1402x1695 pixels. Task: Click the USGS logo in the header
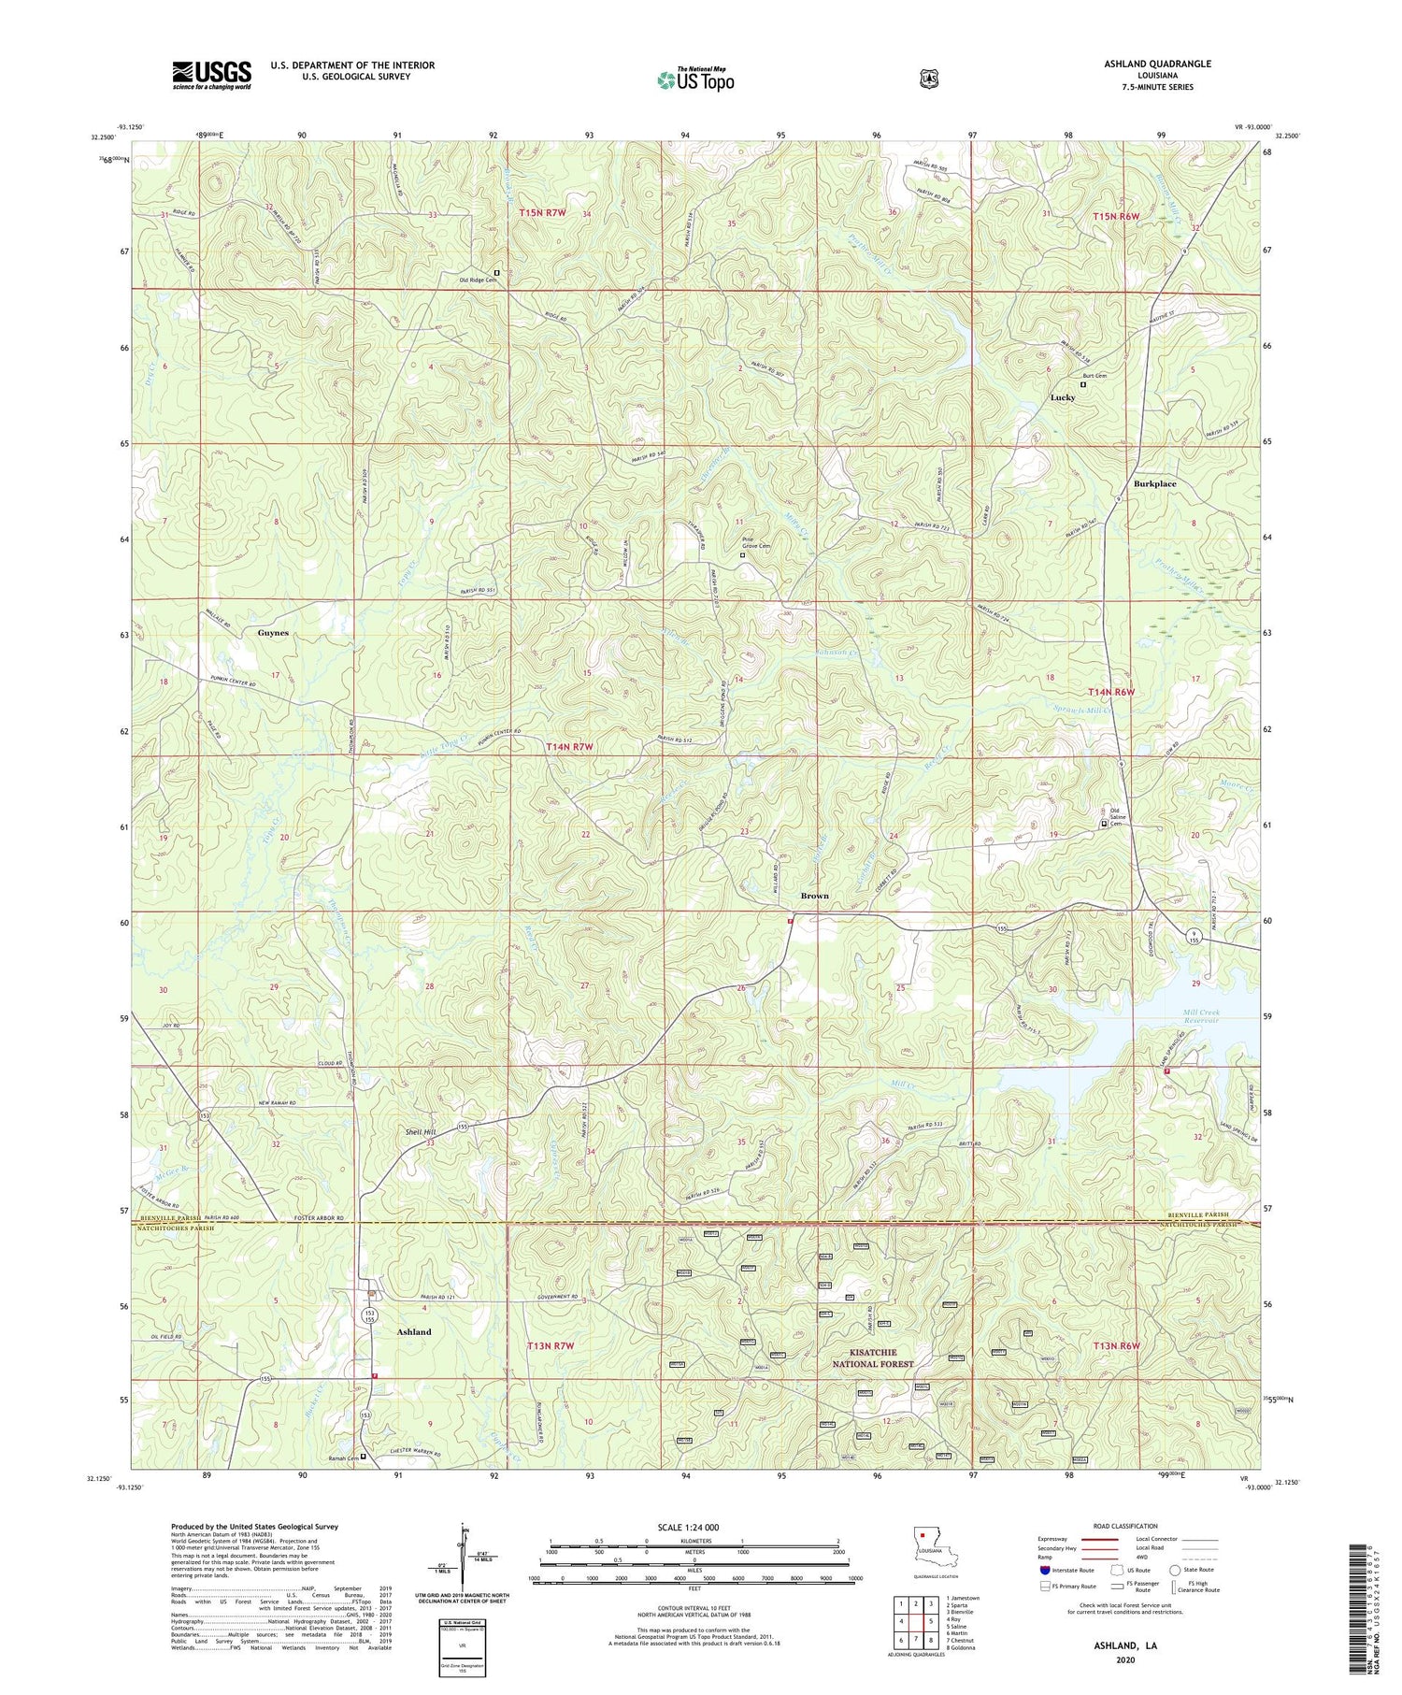(x=211, y=75)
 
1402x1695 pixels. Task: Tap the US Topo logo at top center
(x=695, y=79)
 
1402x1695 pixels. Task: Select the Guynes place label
(x=273, y=633)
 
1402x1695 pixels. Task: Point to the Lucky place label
(x=1063, y=397)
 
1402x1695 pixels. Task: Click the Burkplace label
(x=1154, y=484)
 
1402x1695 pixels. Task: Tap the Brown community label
(x=814, y=896)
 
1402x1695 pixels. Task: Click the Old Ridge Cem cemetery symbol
(x=496, y=273)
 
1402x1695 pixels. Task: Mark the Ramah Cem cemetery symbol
(x=364, y=1456)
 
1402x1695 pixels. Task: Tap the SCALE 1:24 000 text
(x=694, y=1527)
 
